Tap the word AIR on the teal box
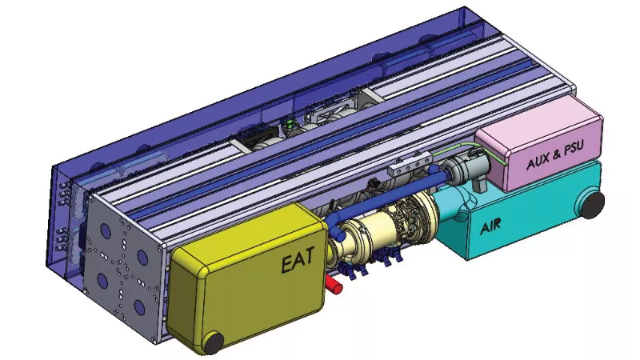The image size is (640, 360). point(490,227)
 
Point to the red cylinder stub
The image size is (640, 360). point(334,284)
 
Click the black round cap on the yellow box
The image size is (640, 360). point(213,342)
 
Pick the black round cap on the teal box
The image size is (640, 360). point(593,205)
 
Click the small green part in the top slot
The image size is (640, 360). point(290,125)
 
